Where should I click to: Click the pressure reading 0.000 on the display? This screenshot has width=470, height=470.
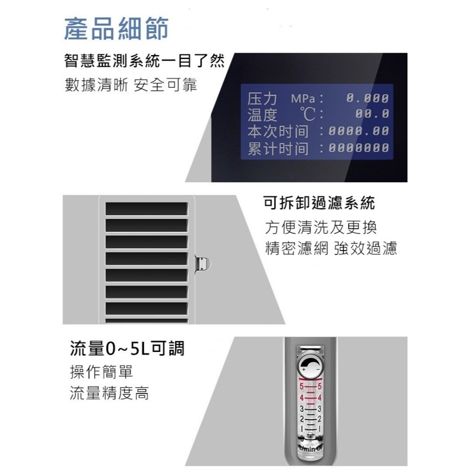[368, 99]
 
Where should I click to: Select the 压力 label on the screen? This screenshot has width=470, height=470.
[262, 100]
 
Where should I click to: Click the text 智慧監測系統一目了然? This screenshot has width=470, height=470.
[144, 62]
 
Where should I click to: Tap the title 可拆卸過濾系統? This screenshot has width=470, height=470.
[320, 204]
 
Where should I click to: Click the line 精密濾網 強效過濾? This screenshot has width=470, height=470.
[331, 248]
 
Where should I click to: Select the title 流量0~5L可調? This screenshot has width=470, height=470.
[126, 349]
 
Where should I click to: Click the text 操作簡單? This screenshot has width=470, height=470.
[101, 372]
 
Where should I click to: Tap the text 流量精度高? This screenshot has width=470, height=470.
[109, 393]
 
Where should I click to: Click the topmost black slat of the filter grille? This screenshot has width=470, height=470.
[146, 208]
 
